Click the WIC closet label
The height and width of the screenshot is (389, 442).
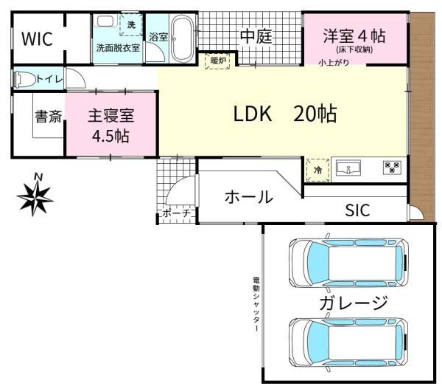(x=36, y=39)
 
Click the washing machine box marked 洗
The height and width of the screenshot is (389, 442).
(x=131, y=26)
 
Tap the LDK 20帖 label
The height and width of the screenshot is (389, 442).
(x=285, y=114)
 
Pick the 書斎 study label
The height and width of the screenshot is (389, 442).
(x=49, y=117)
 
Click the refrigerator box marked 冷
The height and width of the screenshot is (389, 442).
(x=317, y=169)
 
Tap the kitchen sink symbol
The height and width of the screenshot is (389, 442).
(x=350, y=169)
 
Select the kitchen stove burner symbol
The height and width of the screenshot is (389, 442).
(x=391, y=168)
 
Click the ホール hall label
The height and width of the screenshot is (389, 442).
(x=248, y=198)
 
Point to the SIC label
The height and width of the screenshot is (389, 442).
(x=357, y=210)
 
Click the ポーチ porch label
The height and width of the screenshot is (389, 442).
(x=176, y=213)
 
